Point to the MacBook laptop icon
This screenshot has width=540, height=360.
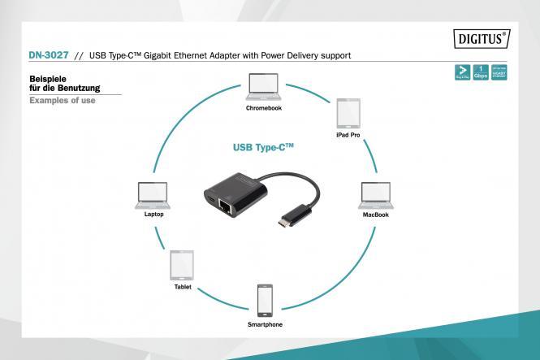tap(374, 196)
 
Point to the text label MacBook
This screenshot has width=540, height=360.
tap(375, 215)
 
